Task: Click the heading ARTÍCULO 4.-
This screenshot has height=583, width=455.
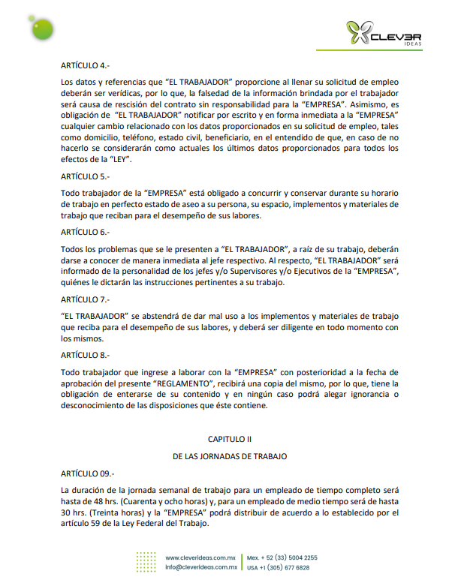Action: (x=84, y=65)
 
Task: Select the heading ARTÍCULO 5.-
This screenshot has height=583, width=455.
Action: (x=84, y=178)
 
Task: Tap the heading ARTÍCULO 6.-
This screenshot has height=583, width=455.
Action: (x=84, y=232)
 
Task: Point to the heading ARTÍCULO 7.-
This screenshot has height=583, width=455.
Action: (x=84, y=299)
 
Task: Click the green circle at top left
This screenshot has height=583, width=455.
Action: (x=36, y=27)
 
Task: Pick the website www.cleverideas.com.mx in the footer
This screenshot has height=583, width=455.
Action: (x=200, y=557)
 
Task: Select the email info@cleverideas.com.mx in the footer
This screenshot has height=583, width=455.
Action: (x=200, y=567)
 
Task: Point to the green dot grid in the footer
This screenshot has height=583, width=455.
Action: (x=147, y=562)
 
